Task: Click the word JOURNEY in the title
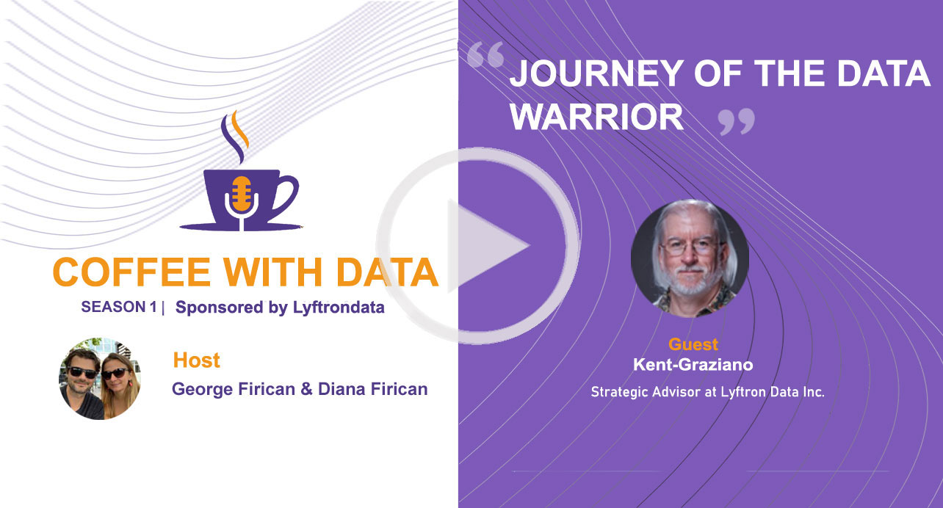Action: [596, 73]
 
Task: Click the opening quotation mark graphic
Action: [485, 55]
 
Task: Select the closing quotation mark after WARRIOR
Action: [737, 122]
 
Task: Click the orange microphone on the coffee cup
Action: [242, 194]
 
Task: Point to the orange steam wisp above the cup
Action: [240, 128]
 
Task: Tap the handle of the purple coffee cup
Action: [286, 197]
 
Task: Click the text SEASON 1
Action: [119, 307]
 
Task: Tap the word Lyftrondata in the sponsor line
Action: [339, 308]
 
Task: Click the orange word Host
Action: [197, 360]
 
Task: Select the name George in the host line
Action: [203, 389]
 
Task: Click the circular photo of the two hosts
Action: [100, 378]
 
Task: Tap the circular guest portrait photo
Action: [690, 258]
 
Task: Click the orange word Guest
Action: [693, 344]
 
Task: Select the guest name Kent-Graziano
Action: [693, 364]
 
